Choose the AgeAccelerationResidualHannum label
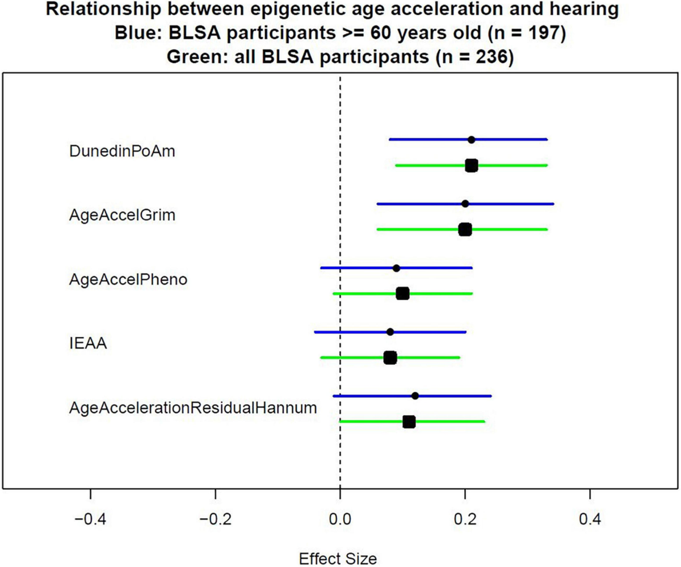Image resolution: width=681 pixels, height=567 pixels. tap(192, 408)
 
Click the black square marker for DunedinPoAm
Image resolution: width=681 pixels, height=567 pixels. tap(471, 165)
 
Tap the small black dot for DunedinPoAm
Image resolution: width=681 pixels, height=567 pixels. tap(471, 140)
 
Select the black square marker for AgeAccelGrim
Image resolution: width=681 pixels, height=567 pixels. tap(465, 229)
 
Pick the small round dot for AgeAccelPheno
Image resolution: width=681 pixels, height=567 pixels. tap(396, 268)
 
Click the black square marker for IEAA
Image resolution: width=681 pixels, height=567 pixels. tap(390, 358)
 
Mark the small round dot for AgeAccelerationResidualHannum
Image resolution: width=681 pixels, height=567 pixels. tap(415, 396)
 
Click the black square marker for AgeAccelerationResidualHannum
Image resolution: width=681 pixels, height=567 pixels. tap(409, 422)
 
